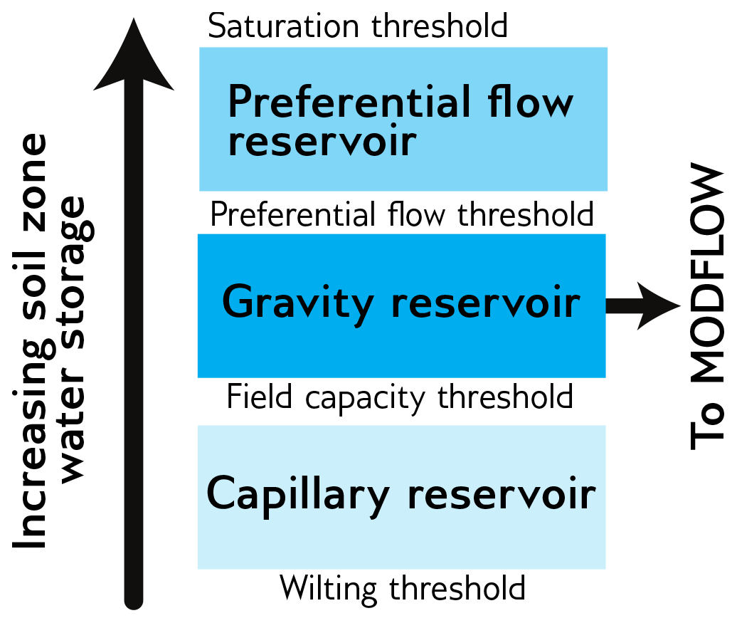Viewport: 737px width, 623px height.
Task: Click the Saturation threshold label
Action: point(357,26)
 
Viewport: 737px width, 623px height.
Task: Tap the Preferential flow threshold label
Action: point(402,214)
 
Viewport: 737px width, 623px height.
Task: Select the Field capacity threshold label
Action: point(400,397)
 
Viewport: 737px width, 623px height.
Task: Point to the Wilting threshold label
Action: point(402,588)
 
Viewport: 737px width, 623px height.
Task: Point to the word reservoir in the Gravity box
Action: point(486,303)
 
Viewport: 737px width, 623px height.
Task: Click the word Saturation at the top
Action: point(283,26)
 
